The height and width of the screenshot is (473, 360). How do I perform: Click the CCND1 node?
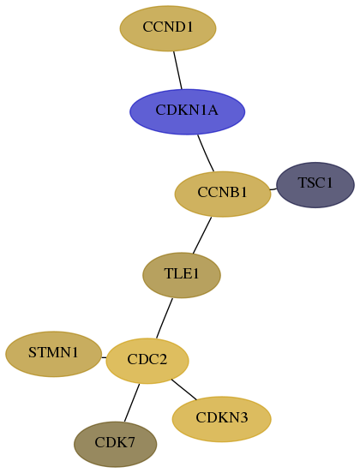click(168, 28)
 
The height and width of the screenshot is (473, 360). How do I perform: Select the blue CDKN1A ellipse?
click(187, 111)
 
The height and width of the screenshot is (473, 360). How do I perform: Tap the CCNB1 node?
click(223, 194)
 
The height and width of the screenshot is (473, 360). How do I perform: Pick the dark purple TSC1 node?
click(315, 185)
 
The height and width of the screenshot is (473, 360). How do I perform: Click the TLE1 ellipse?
click(182, 275)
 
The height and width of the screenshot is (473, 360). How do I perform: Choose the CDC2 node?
click(147, 361)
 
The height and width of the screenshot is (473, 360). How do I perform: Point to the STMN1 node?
click(53, 354)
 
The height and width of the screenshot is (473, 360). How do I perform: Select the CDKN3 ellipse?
click(222, 419)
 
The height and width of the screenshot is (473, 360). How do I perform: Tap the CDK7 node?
click(115, 445)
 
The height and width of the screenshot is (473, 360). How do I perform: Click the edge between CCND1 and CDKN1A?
click(177, 70)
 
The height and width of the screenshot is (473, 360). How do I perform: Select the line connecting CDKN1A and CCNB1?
click(206, 153)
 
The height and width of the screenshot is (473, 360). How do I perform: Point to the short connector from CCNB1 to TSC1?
click(273, 189)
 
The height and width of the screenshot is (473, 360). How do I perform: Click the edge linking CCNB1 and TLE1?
click(202, 235)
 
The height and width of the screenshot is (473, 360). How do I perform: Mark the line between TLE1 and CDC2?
click(165, 318)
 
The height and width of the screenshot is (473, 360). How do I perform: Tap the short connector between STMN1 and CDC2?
click(104, 358)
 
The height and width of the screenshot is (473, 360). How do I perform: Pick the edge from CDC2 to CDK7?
click(132, 403)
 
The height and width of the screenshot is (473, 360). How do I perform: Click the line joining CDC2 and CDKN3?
click(183, 389)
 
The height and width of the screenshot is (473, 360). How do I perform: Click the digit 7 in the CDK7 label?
click(131, 442)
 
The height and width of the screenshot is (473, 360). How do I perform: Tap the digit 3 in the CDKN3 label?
click(244, 417)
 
